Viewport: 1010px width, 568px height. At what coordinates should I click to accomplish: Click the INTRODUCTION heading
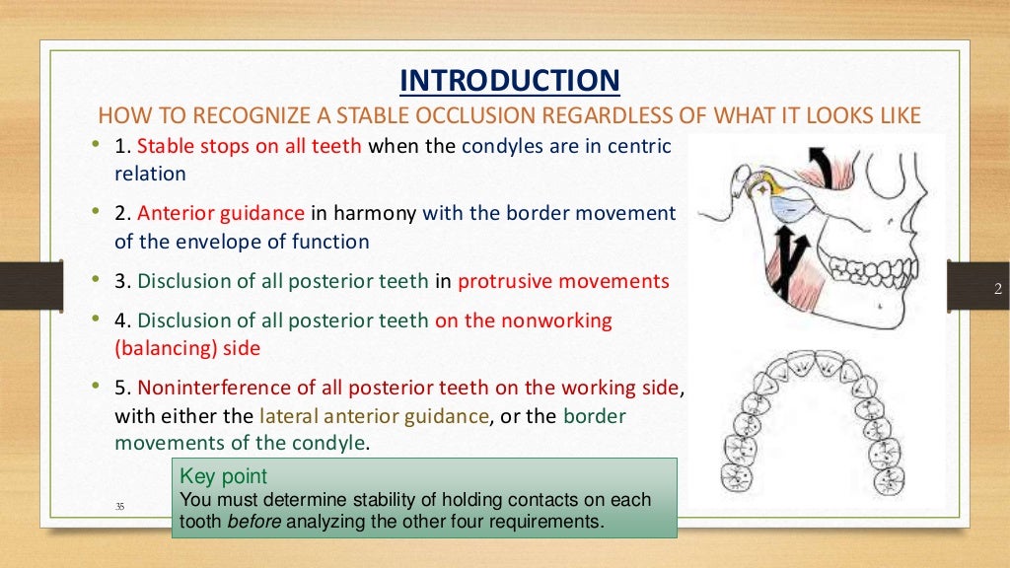[509, 80]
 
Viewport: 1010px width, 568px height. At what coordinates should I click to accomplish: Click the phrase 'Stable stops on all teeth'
[251, 147]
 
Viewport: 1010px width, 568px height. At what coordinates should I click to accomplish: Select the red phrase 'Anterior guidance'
[221, 213]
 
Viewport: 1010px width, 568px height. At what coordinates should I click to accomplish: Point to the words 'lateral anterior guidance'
[374, 416]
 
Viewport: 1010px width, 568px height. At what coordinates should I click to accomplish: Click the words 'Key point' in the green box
[224, 476]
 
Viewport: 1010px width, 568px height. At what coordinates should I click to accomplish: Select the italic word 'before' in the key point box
[254, 522]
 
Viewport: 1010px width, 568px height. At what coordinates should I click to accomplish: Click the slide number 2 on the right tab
[997, 289]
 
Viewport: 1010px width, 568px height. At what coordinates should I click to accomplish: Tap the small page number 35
[120, 506]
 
